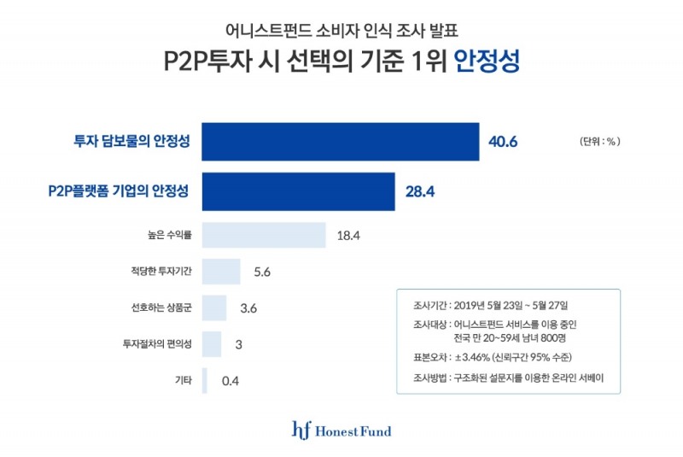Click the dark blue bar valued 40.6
coord(340,142)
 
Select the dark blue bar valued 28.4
coord(298,191)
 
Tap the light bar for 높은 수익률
coord(264,235)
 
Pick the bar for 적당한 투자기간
coord(221,272)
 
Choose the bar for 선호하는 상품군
coord(214,308)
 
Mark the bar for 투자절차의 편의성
coord(212,344)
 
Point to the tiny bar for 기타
coord(205,381)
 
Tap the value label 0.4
coord(230,381)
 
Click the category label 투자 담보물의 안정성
coord(131,142)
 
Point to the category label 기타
coord(183,381)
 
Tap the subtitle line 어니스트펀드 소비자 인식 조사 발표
coord(341,31)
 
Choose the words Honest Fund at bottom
coord(353,431)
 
